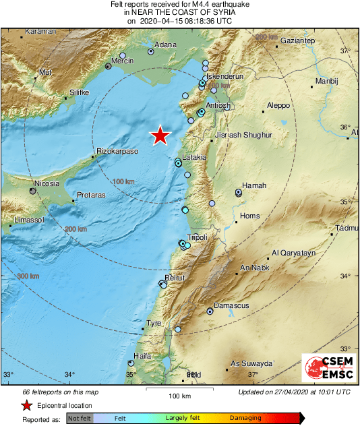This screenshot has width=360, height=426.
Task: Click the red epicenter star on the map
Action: coord(160,135)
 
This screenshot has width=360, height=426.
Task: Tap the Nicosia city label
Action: coord(47,183)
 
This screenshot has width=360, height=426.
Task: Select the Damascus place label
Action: coord(232,305)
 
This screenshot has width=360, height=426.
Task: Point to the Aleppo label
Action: coord(278,106)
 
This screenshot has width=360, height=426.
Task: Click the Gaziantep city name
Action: coord(297,41)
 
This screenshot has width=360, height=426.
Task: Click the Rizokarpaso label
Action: coord(118,152)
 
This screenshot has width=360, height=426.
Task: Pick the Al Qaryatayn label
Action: coord(293,253)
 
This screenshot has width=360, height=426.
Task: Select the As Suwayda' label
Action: coord(253,363)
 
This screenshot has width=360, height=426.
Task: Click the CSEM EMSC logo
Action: coord(326,369)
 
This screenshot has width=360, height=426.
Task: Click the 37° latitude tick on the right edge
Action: coord(345,51)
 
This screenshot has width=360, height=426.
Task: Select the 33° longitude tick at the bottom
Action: coord(9,375)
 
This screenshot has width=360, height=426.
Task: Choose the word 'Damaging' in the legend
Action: coord(244,419)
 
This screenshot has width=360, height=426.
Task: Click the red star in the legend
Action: coord(26,406)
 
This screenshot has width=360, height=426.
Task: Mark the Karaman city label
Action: coord(39,32)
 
